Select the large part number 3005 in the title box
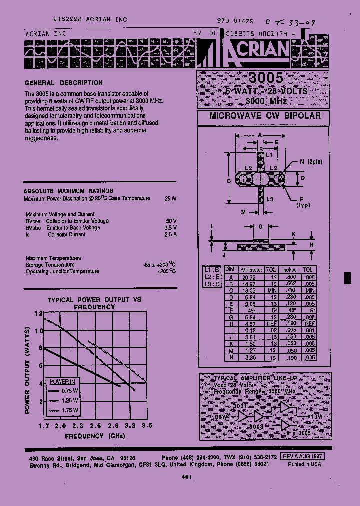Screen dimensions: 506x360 265,78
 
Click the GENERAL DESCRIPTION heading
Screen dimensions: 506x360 63,83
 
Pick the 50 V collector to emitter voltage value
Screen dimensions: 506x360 171,221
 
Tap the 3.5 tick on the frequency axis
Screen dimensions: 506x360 146,426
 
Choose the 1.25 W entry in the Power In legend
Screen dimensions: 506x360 71,401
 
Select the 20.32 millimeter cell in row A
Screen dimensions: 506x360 248,277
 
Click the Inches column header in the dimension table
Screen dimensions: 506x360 289,269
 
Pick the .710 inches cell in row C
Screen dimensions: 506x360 289,290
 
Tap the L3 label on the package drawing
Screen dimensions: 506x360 270,199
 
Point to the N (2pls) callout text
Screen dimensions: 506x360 311,161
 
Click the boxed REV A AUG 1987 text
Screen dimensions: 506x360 302,456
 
